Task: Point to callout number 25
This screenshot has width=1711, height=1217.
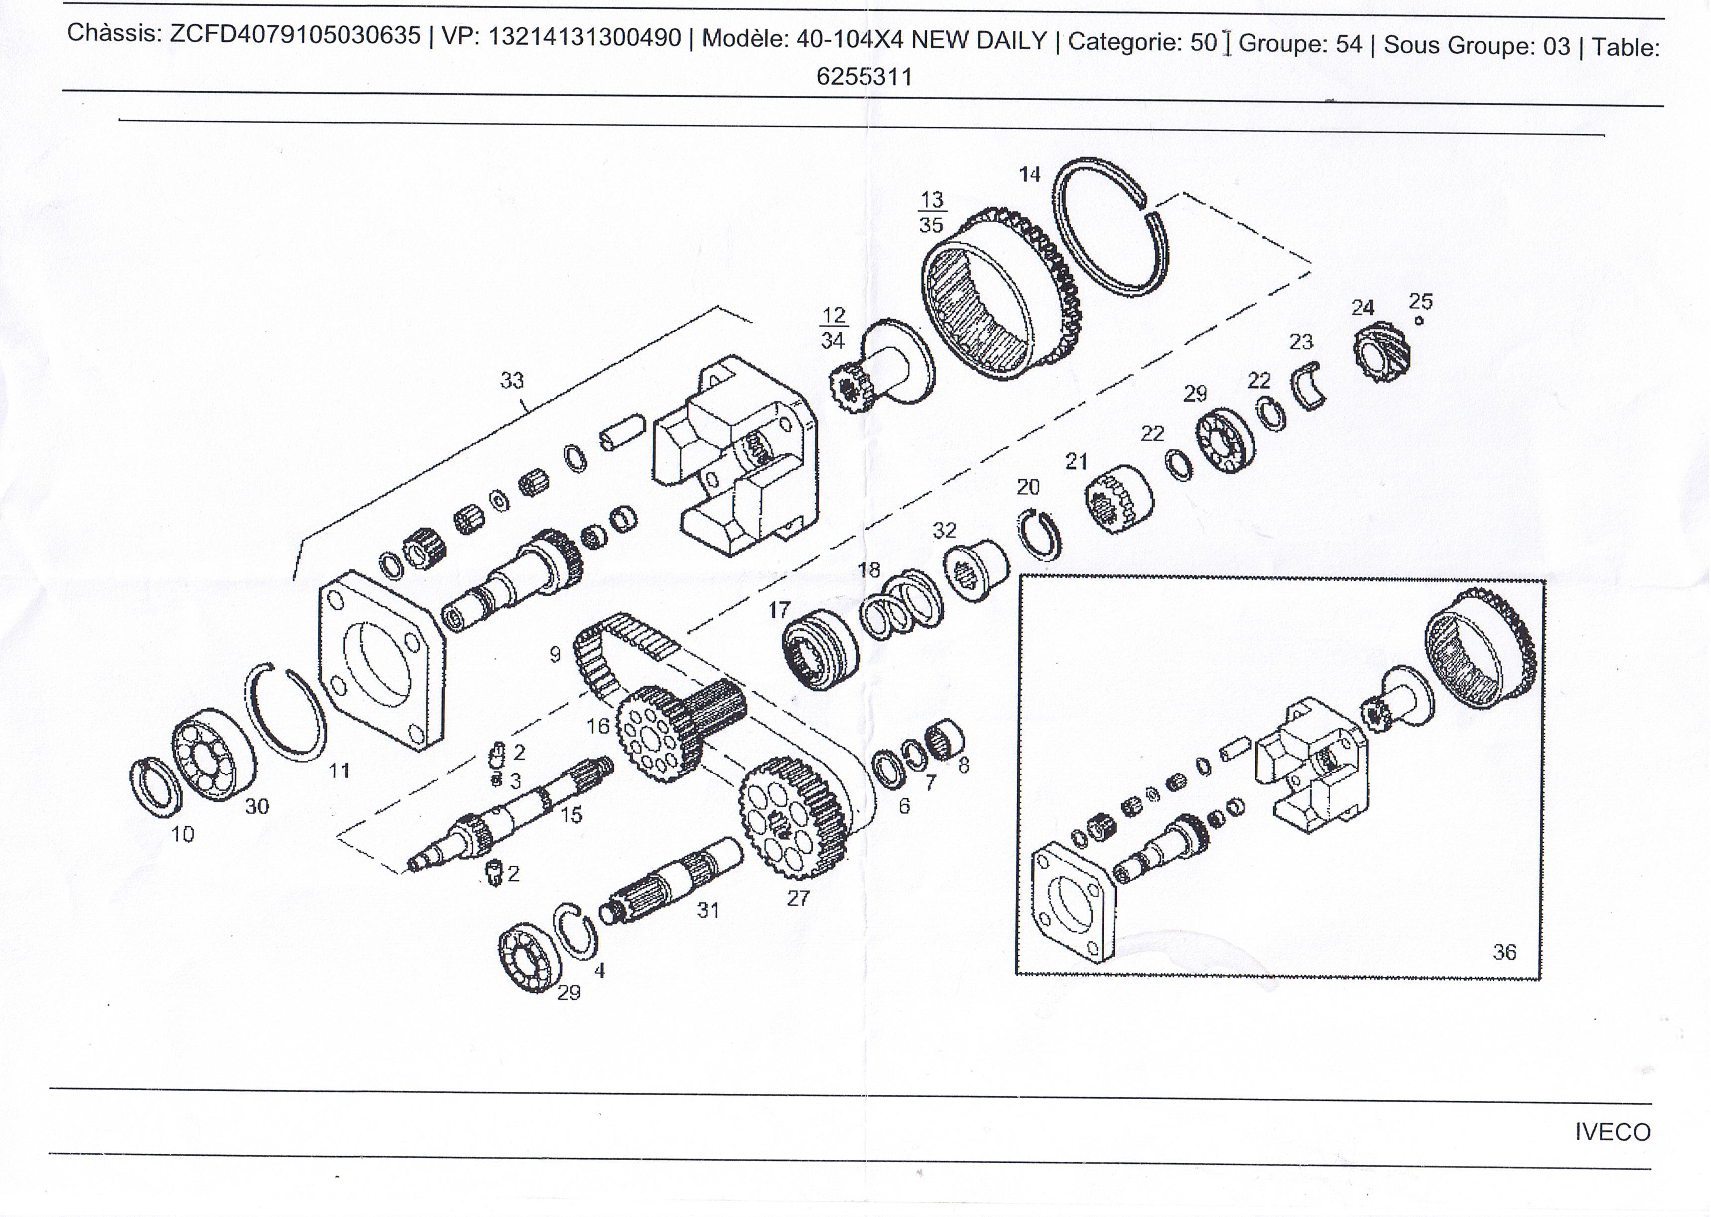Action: pyautogui.click(x=1420, y=301)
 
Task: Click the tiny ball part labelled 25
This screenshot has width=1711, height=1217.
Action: pyautogui.click(x=1419, y=322)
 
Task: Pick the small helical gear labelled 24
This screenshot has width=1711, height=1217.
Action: pyautogui.click(x=1383, y=354)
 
